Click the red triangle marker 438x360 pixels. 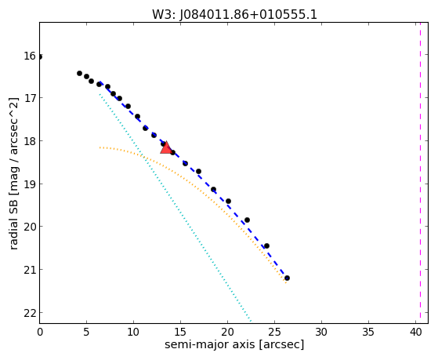point(166,148)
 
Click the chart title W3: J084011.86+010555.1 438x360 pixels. point(234,14)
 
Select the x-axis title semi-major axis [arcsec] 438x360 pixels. point(234,344)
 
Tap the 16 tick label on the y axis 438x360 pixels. point(30,56)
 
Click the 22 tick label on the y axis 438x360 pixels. point(30,313)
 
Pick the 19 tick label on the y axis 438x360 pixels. point(30,184)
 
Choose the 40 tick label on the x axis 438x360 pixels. point(415,332)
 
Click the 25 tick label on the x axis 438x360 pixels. point(274,332)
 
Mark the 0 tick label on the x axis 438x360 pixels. point(40,332)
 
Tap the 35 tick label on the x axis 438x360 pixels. point(368,332)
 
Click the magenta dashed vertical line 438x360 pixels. point(420,173)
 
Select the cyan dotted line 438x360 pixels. point(176,208)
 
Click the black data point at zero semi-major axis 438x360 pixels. point(40,57)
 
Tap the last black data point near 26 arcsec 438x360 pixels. point(287,278)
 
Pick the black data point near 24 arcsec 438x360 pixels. point(266,245)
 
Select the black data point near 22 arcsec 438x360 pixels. point(247,220)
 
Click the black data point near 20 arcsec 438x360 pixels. point(228,201)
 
